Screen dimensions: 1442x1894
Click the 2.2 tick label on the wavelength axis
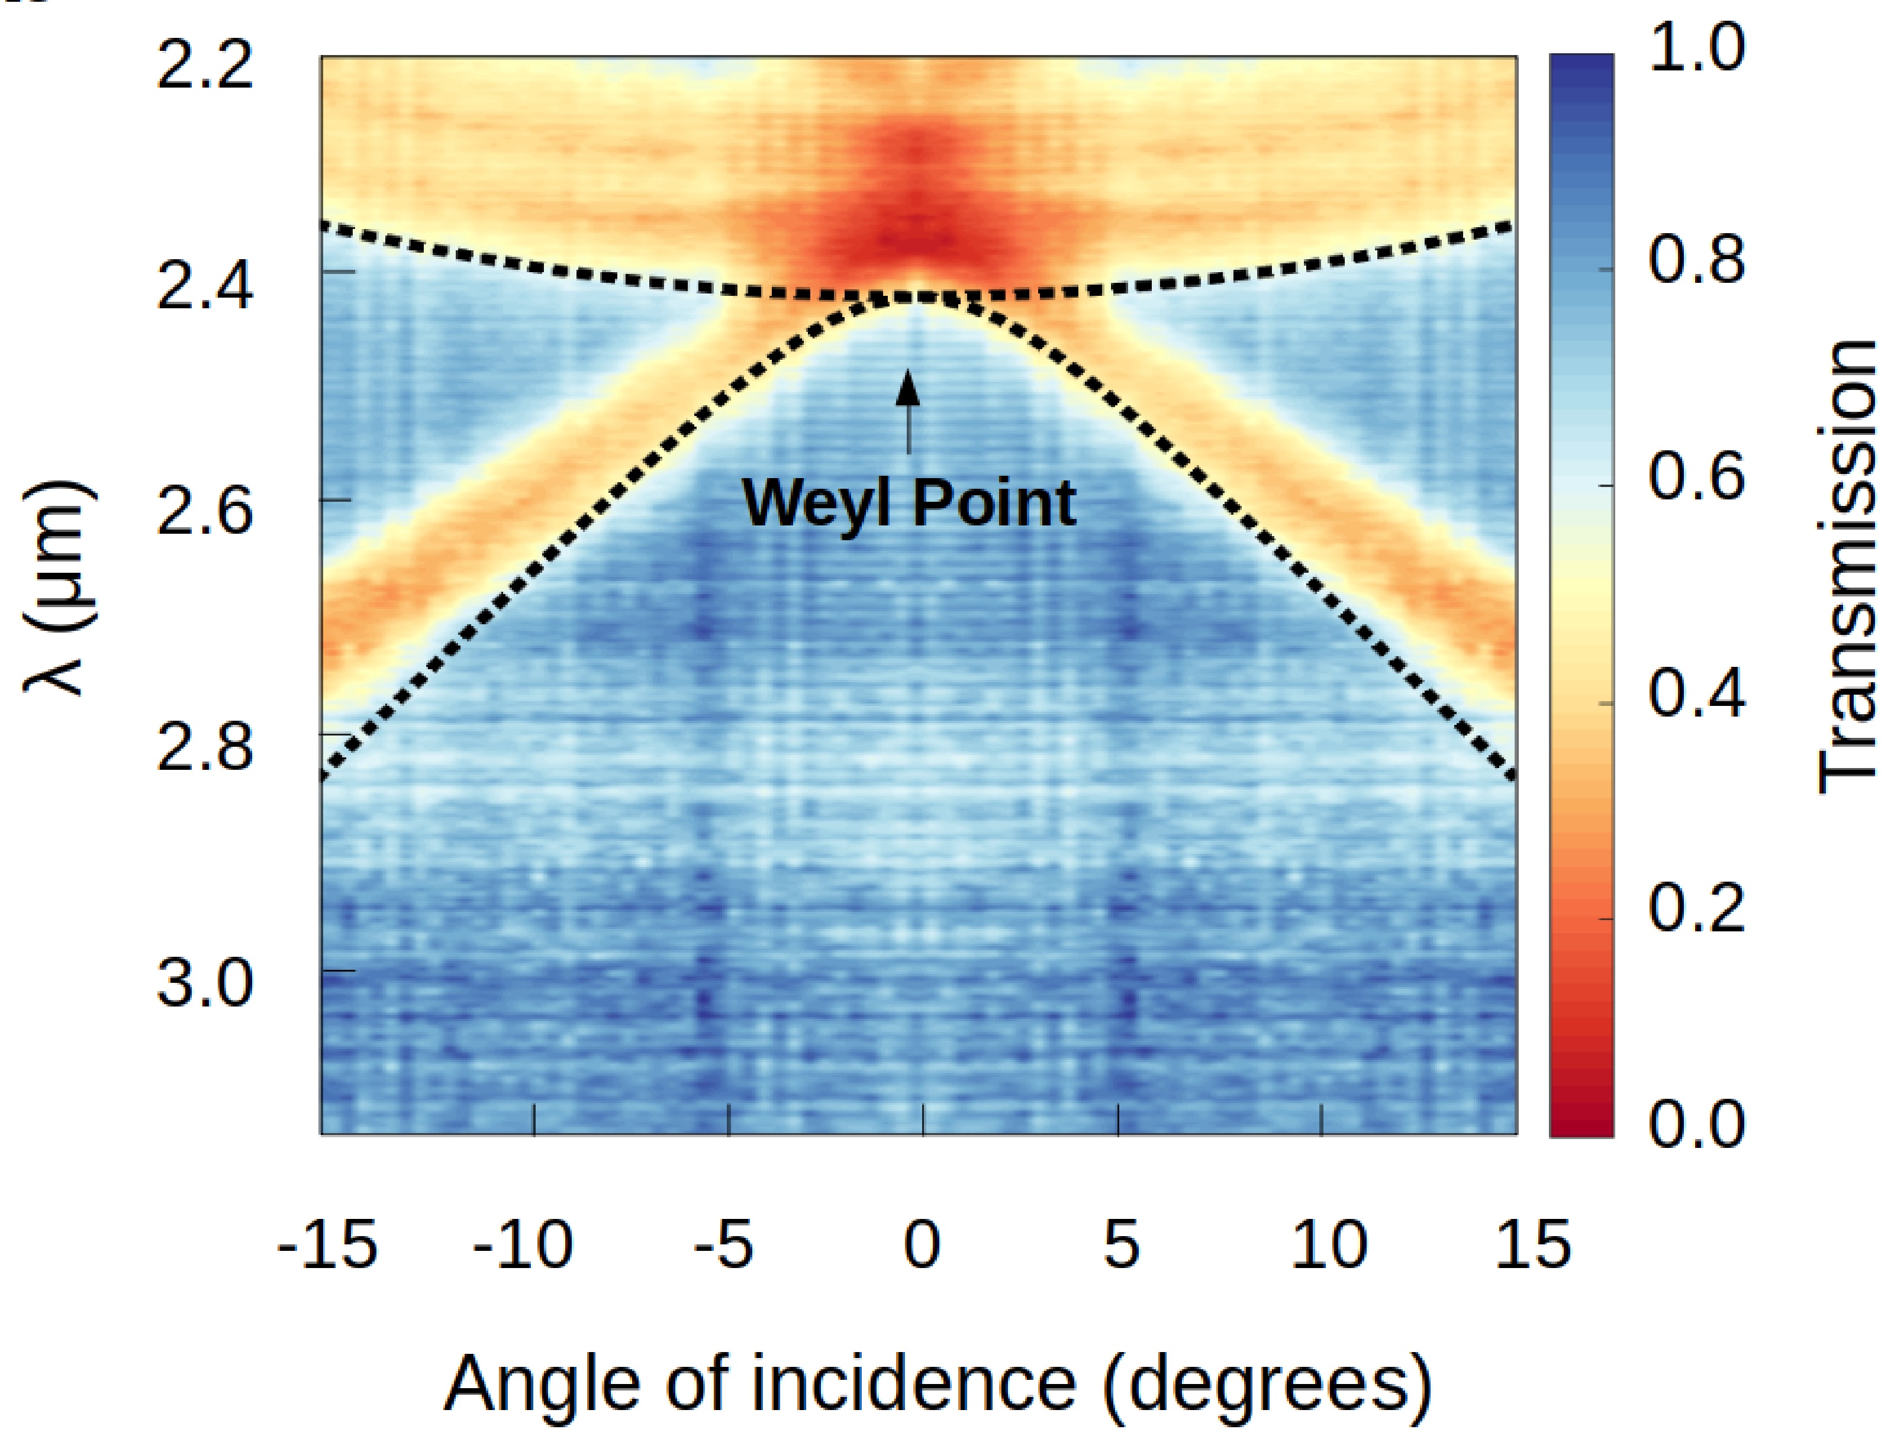[205, 67]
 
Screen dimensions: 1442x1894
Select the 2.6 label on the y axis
[205, 513]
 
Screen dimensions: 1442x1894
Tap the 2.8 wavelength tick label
[205, 749]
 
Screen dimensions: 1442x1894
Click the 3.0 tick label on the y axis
[205, 985]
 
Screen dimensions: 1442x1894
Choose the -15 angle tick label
[327, 1244]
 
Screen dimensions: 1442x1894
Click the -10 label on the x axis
[523, 1244]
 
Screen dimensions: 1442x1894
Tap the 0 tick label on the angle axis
[922, 1244]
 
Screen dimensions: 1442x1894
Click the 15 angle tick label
[1532, 1244]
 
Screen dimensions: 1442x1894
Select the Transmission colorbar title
[1846, 566]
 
